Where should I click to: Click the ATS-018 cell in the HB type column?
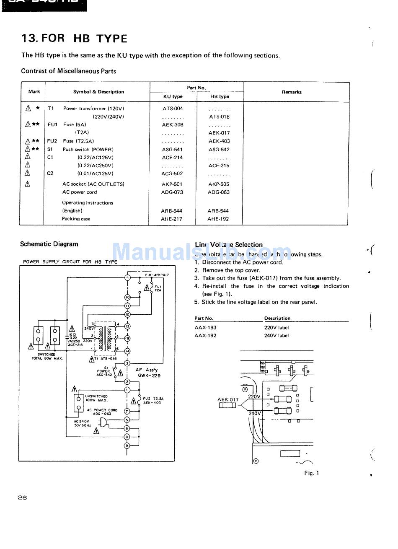coord(219,117)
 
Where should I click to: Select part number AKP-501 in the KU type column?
coord(172,184)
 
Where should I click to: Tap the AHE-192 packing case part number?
coord(218,219)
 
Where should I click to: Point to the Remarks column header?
coord(292,92)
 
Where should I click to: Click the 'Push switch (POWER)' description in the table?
coord(88,150)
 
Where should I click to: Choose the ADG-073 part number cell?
coord(172,192)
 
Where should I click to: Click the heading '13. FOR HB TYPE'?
coord(74,39)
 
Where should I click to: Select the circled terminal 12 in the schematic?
coord(127,314)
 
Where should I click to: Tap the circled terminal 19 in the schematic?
coord(127,338)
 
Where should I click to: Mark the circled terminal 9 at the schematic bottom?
coord(127,445)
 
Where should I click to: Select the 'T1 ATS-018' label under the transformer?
coord(103,359)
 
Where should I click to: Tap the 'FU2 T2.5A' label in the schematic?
coord(153,401)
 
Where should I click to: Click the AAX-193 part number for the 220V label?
coord(205,328)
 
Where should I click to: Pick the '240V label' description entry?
coord(277,336)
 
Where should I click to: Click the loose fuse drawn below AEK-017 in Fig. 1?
coord(227,406)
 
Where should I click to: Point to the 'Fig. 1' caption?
coord(312,473)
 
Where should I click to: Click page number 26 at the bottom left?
coord(23,497)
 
